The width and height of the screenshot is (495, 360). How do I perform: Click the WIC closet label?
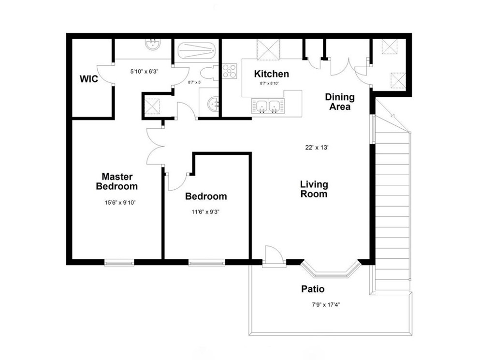89,79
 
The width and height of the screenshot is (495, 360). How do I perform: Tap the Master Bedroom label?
117,181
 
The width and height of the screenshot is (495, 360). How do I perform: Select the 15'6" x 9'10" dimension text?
120,203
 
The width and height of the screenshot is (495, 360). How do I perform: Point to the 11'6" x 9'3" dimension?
205,212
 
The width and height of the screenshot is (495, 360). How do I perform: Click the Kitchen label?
272,74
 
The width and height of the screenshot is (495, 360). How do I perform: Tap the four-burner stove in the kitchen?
229,71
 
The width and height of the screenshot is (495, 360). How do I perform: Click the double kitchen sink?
268,105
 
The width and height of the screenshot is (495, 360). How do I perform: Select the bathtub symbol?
196,51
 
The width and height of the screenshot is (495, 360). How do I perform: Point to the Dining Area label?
340,102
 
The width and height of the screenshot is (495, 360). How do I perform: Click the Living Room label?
314,189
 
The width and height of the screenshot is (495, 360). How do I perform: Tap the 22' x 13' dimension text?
317,147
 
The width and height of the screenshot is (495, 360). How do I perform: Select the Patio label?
313,289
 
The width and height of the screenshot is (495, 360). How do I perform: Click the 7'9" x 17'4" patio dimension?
326,305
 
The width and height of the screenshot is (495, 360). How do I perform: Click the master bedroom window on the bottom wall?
119,262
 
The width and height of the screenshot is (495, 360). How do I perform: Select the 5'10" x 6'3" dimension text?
144,72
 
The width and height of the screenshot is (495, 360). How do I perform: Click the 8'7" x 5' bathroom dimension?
195,82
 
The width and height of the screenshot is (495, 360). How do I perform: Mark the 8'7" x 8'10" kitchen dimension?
270,83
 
